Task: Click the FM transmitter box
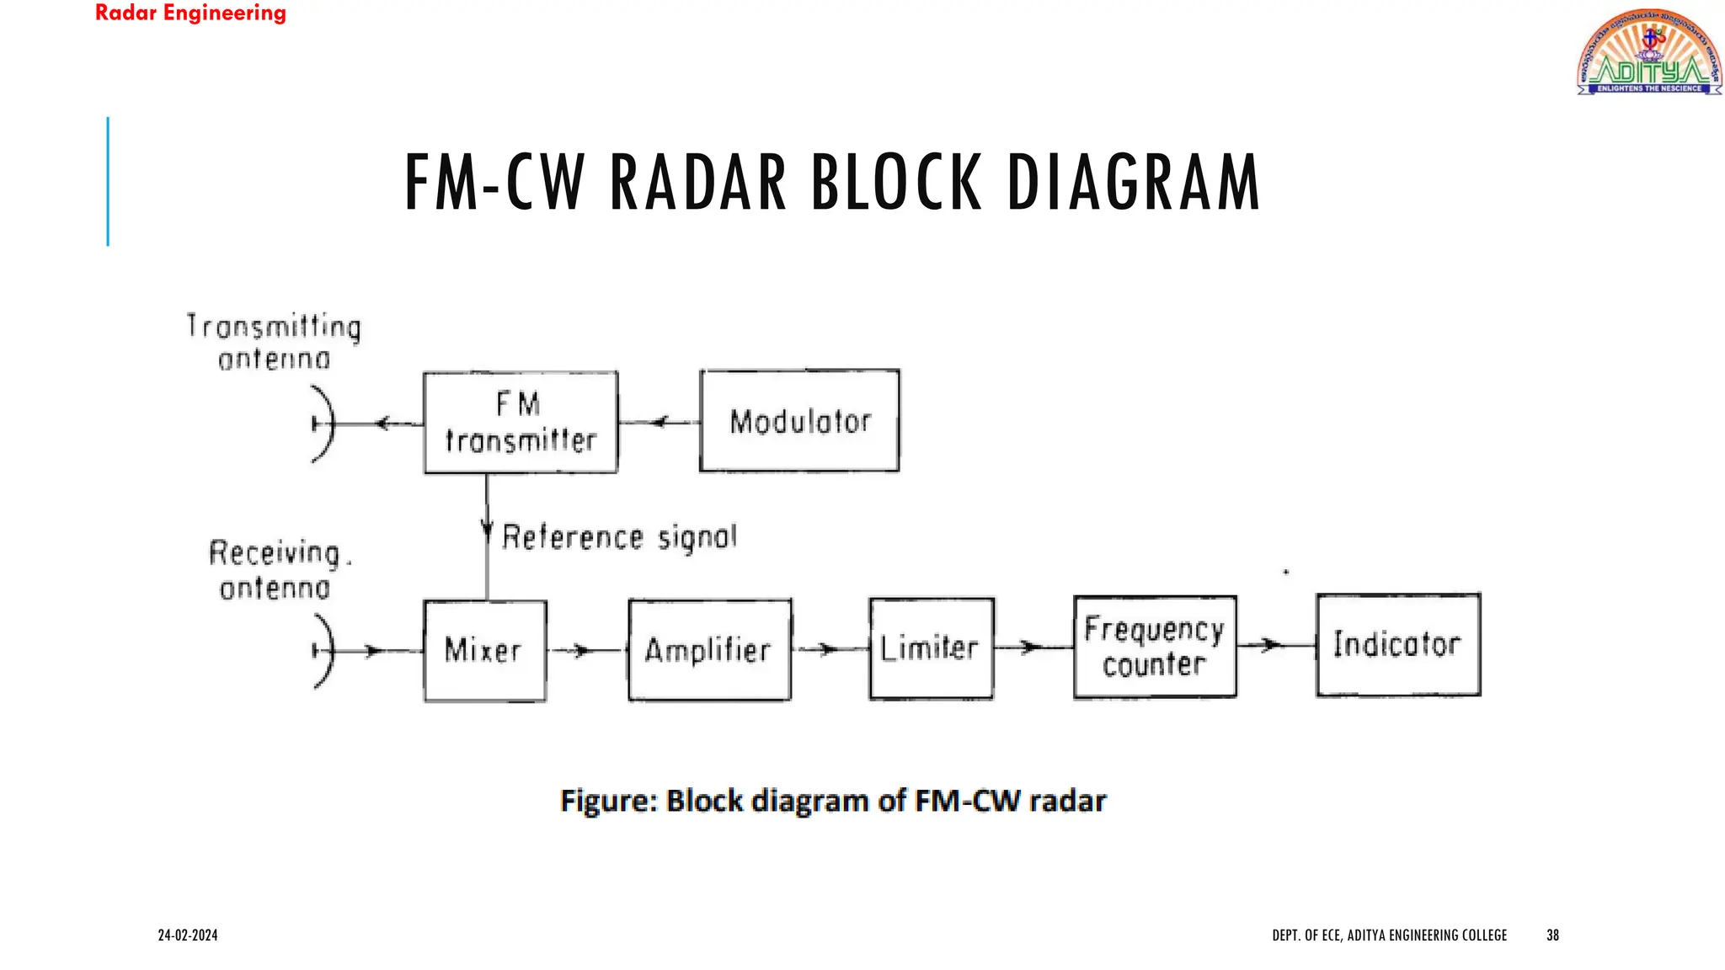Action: pyautogui.click(x=521, y=423)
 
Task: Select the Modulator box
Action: pyautogui.click(x=799, y=421)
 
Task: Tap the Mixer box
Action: pyautogui.click(x=484, y=650)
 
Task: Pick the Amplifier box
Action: pyautogui.click(x=709, y=650)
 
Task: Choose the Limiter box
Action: pyautogui.click(x=931, y=648)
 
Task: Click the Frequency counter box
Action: pyautogui.click(x=1155, y=647)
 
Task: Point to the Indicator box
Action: pyautogui.click(x=1398, y=645)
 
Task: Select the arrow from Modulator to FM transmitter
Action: pyautogui.click(x=660, y=422)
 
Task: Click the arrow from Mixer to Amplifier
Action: pyautogui.click(x=581, y=650)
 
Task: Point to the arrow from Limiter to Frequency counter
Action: pyautogui.click(x=1031, y=648)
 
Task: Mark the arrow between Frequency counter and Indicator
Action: pyautogui.click(x=1272, y=646)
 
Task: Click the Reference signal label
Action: pyautogui.click(x=619, y=537)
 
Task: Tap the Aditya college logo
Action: pyautogui.click(x=1648, y=52)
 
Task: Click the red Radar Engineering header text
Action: pyautogui.click(x=190, y=13)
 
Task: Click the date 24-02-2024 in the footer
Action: pyautogui.click(x=188, y=935)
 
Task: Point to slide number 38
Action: pyautogui.click(x=1552, y=935)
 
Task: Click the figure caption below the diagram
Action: pyautogui.click(x=832, y=800)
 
